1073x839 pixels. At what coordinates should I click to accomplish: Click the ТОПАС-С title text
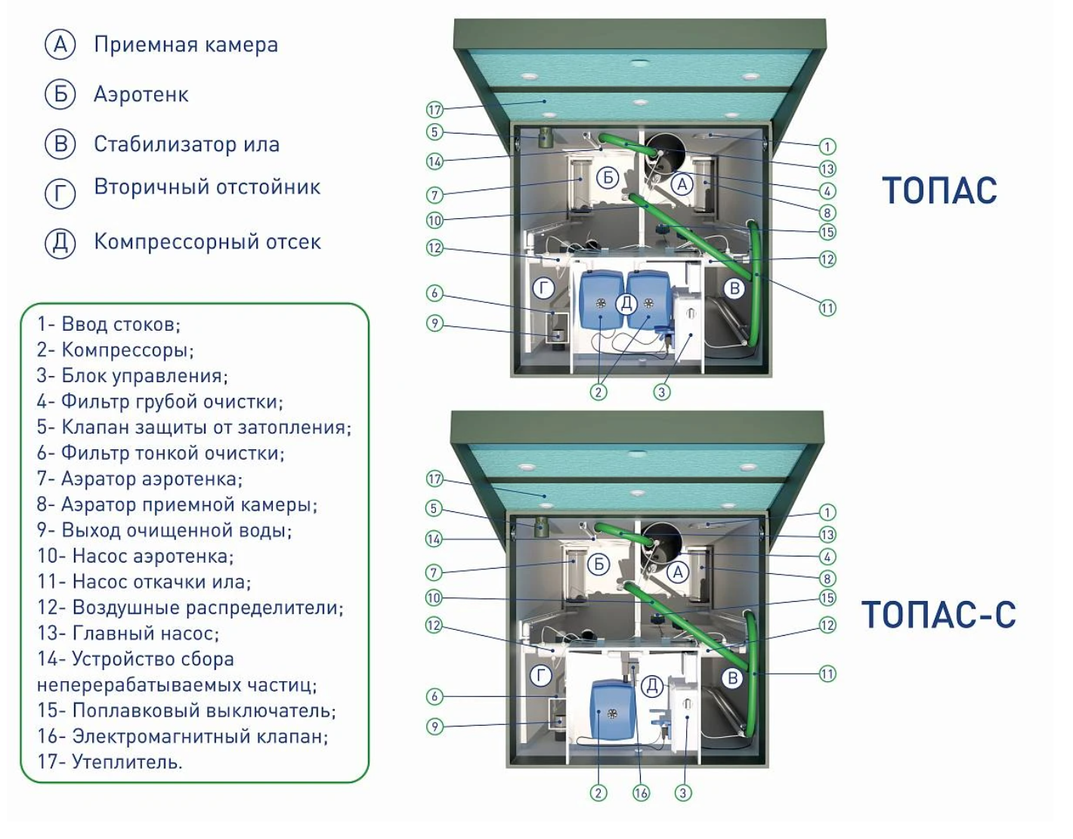click(x=938, y=614)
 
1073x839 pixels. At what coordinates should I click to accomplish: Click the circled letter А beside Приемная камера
click(x=60, y=45)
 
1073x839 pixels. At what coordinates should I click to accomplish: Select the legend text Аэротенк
click(x=141, y=94)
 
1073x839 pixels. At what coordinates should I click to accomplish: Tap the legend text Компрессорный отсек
click(x=207, y=242)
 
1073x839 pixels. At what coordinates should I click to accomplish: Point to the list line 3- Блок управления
click(x=132, y=376)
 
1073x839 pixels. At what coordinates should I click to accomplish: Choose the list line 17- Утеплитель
click(x=110, y=761)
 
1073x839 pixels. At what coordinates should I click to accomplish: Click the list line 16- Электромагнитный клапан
click(x=183, y=736)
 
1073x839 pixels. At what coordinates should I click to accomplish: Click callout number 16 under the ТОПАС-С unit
click(x=641, y=793)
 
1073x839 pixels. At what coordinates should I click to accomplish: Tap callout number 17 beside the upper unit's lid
click(x=434, y=110)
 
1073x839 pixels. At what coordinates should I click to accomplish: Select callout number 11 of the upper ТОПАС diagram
click(x=827, y=308)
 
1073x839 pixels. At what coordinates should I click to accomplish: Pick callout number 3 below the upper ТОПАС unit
click(x=662, y=392)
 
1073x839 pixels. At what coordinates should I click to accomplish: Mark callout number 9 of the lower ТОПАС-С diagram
click(x=434, y=726)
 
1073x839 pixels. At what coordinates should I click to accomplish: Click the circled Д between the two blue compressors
click(x=626, y=304)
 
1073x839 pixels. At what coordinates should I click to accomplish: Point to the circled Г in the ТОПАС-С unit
click(x=541, y=675)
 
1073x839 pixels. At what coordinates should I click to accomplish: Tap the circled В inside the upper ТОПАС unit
click(x=734, y=288)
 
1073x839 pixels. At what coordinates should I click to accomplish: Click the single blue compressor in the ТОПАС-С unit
click(x=612, y=711)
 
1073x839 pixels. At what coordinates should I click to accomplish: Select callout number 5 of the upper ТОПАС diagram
click(x=434, y=131)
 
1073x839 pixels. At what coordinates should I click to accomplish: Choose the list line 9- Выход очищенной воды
click(x=165, y=530)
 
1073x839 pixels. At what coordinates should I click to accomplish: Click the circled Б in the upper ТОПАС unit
click(x=608, y=177)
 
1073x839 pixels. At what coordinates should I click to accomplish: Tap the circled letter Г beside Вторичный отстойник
click(x=60, y=193)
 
